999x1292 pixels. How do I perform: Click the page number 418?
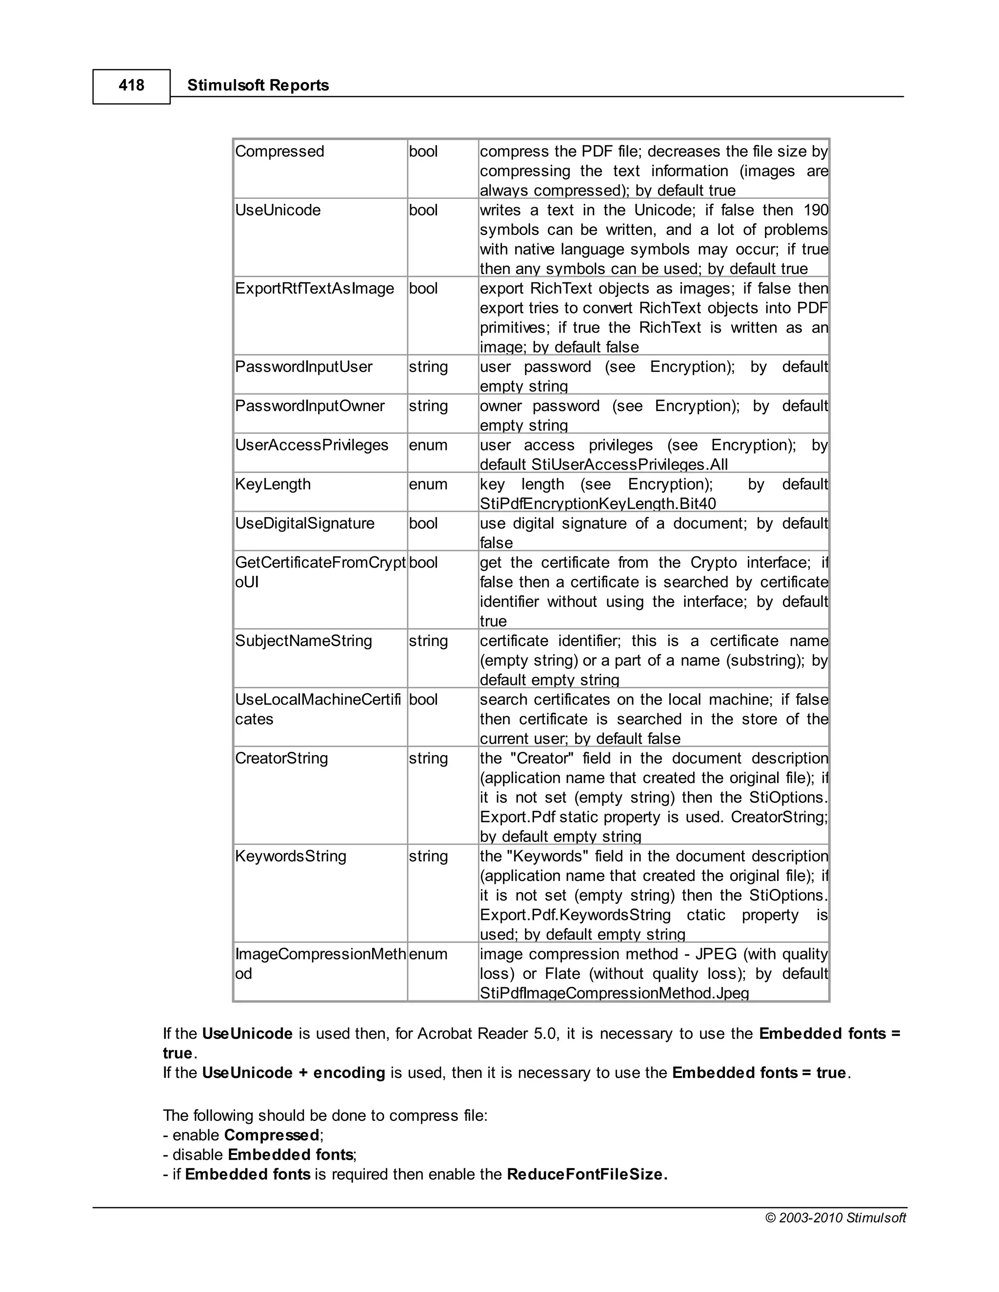tap(131, 86)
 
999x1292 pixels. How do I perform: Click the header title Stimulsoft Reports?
tap(258, 86)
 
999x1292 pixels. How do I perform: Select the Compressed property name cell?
tap(280, 152)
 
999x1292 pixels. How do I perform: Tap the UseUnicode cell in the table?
tap(278, 210)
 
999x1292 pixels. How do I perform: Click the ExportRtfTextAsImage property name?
tap(314, 289)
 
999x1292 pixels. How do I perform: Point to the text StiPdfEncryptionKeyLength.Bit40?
tap(598, 504)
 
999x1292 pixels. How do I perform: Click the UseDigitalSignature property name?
tap(304, 524)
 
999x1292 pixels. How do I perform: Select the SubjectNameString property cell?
tap(303, 641)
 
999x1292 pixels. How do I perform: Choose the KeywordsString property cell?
tap(291, 856)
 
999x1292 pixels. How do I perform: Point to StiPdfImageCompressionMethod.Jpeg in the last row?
tap(614, 993)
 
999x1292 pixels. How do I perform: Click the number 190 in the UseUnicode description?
tap(816, 210)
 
